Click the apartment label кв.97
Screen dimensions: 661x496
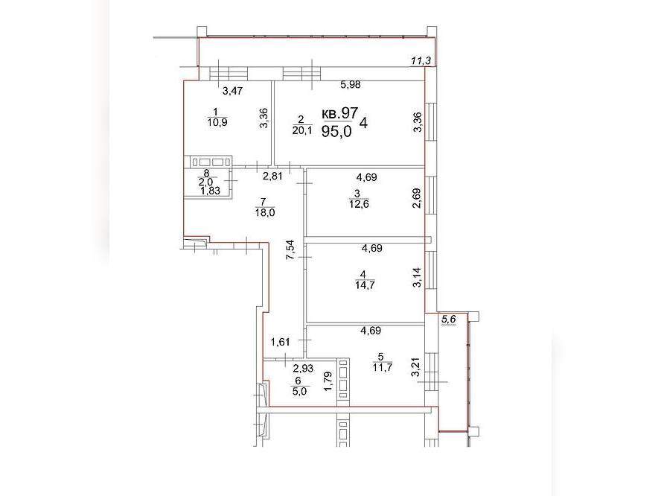(339, 113)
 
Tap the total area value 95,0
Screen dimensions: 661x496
(336, 132)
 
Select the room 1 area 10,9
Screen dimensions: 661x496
(217, 123)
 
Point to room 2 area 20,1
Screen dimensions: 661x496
(302, 130)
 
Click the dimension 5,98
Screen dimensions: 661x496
(351, 85)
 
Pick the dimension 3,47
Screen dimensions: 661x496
(233, 90)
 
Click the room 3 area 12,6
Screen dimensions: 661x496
(359, 205)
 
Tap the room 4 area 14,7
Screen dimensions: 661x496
(365, 284)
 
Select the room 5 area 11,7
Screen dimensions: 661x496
(383, 367)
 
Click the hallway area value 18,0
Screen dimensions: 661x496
(265, 212)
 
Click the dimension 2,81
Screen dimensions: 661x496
(272, 176)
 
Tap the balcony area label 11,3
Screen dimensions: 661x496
(421, 61)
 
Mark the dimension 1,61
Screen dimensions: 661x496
(281, 342)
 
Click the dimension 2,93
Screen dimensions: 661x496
(303, 369)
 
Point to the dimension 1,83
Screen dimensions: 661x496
(211, 191)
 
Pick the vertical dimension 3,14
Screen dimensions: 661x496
(417, 278)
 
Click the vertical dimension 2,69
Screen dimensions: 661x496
(417, 197)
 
